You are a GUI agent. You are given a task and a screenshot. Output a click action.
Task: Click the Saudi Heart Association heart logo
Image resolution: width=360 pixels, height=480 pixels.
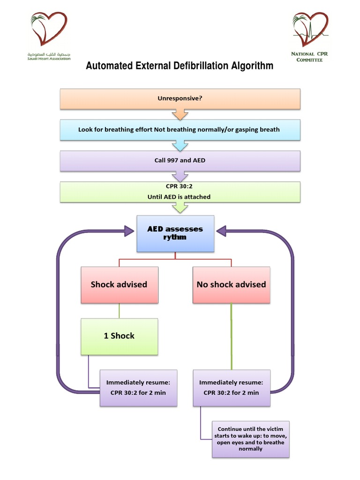click(49, 30)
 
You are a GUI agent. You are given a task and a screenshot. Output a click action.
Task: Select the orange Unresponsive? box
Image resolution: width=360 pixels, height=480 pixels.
click(180, 99)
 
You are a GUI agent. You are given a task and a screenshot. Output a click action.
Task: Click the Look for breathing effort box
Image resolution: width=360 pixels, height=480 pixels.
click(180, 129)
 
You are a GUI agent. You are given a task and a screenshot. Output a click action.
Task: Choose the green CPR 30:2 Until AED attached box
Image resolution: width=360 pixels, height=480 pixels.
click(180, 192)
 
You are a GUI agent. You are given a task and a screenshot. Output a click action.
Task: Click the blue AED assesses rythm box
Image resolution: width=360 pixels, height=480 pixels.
click(175, 233)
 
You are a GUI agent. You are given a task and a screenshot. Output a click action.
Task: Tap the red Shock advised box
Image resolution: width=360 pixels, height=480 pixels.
click(119, 285)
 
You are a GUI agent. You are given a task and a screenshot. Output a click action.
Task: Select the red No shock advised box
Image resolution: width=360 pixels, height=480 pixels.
click(231, 285)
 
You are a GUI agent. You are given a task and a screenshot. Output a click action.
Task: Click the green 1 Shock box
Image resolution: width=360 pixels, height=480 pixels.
click(119, 336)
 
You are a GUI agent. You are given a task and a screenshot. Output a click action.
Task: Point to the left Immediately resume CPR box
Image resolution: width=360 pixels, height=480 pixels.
click(138, 387)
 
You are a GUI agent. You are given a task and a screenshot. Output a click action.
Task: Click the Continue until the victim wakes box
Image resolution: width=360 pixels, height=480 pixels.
click(250, 439)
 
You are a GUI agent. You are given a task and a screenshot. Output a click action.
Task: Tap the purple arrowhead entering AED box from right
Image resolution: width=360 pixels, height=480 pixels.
click(221, 230)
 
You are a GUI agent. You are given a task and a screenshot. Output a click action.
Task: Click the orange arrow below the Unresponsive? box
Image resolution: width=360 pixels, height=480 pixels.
click(180, 114)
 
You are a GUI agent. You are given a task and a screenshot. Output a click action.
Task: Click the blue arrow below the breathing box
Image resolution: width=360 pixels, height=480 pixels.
click(180, 145)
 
